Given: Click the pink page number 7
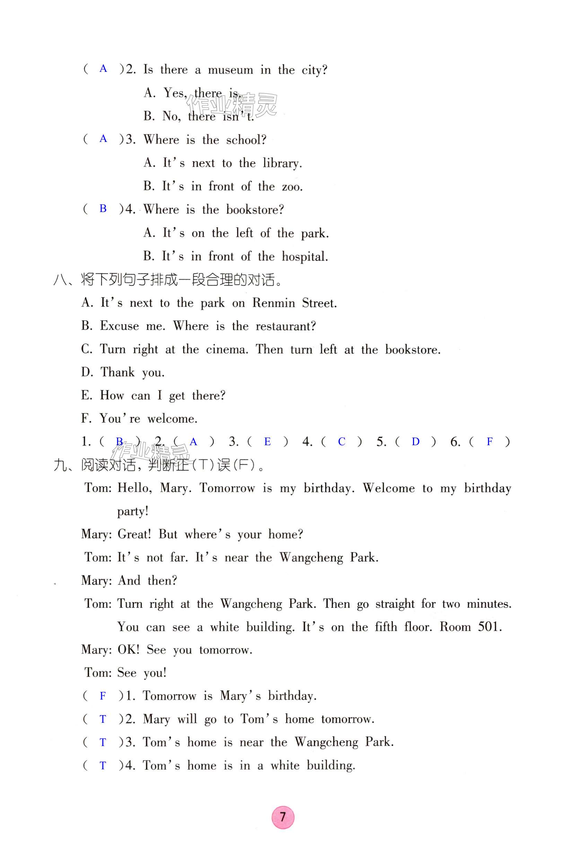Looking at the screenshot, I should click(x=283, y=817).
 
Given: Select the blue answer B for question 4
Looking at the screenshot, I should click(x=103, y=209).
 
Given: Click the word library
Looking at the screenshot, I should click(x=282, y=163).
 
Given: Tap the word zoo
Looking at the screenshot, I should click(x=292, y=187).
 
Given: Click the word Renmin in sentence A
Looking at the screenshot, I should click(x=273, y=303).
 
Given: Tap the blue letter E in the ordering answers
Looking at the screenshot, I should click(x=268, y=441).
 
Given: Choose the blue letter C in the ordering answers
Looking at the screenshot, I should click(x=341, y=441).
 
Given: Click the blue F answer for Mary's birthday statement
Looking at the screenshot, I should click(x=103, y=696).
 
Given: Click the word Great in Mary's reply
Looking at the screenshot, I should click(x=134, y=534).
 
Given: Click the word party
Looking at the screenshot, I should click(x=132, y=511).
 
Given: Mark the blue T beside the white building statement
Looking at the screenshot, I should click(x=103, y=765).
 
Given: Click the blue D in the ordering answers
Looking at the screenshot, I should click(x=415, y=441).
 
